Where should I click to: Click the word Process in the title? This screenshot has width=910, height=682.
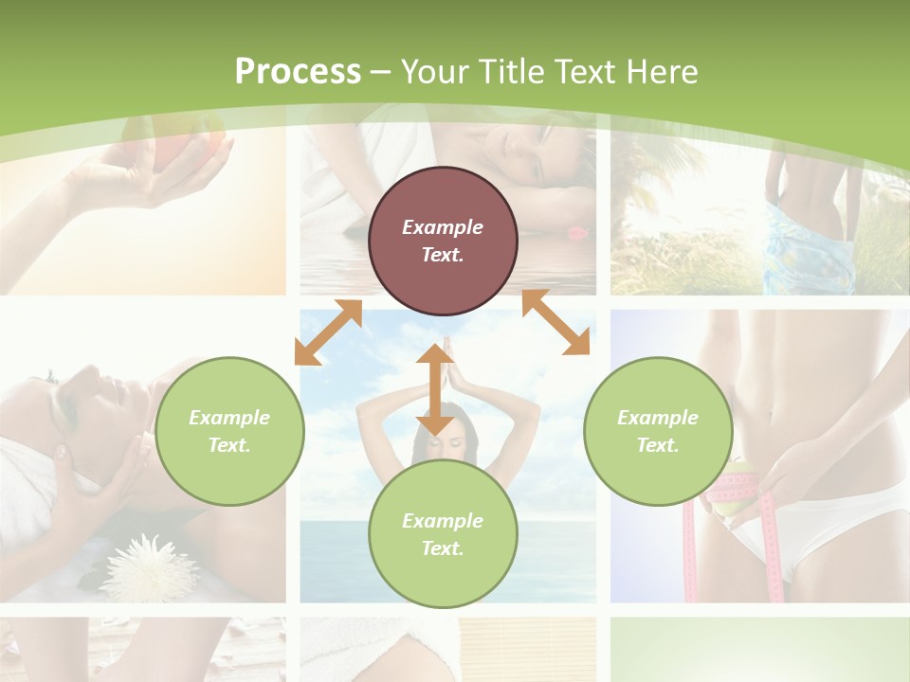point(298,72)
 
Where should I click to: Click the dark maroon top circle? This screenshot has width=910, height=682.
point(443,241)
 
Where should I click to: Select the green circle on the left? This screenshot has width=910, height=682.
point(229,431)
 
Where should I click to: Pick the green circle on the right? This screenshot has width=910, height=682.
point(658,431)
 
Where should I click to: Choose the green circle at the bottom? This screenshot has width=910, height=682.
point(443,534)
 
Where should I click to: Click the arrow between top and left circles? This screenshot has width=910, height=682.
point(328,332)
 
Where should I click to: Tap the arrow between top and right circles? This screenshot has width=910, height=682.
point(555,323)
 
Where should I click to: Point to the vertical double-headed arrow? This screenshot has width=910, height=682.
point(435,389)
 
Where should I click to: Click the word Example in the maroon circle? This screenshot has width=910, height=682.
point(443,227)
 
